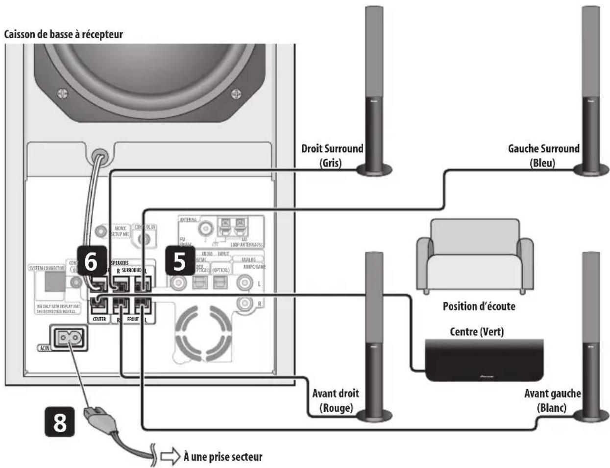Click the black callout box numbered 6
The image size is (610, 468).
point(91,261)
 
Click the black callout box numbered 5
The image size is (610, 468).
point(180,260)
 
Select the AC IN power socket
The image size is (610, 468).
point(70,338)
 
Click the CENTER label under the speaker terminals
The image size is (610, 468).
point(99,319)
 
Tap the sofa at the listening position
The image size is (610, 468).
point(474,257)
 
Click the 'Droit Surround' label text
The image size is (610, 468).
point(332,149)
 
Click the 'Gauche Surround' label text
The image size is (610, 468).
point(543,149)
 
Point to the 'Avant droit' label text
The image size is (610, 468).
point(336,394)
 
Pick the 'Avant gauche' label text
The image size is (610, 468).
point(552,394)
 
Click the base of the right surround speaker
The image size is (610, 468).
point(374,170)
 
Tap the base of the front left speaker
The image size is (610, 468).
point(591,416)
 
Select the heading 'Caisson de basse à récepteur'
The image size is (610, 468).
point(63,34)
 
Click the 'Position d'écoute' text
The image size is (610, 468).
point(479,306)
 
